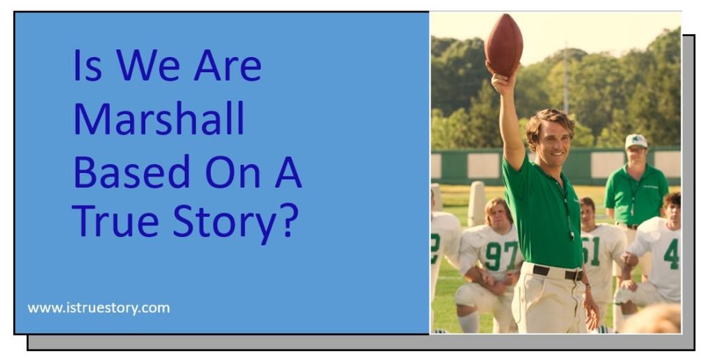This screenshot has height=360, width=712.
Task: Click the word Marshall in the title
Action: [159, 119]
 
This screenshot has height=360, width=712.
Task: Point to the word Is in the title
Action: [88, 67]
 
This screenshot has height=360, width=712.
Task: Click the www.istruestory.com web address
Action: [99, 307]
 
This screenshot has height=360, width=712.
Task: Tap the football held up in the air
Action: [504, 44]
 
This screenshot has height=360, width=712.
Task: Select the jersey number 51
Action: [592, 250]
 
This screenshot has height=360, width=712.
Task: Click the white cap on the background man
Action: [636, 141]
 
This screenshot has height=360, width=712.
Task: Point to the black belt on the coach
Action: [557, 272]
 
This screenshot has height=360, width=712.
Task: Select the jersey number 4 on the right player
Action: [670, 254]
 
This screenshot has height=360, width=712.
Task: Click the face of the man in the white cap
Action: [636, 154]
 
